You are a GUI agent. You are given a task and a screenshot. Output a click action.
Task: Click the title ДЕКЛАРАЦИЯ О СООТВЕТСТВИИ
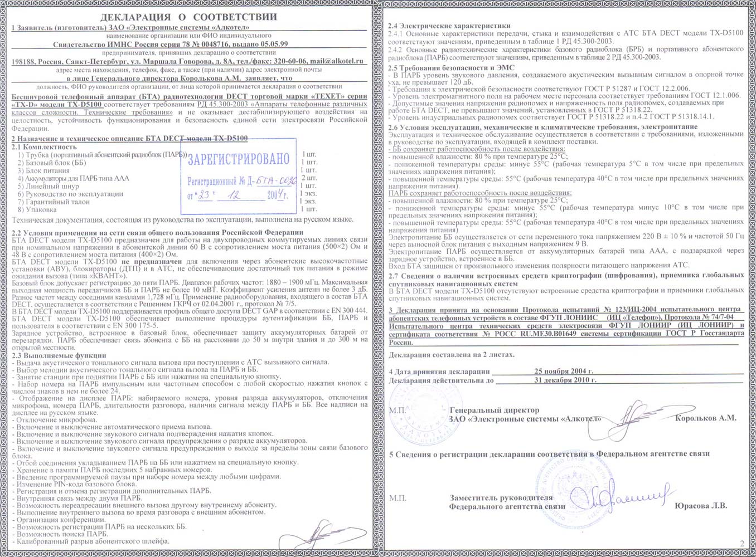pyautogui.click(x=189, y=17)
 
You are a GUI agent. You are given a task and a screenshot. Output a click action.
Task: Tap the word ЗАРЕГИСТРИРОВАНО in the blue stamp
pyautogui.click(x=239, y=159)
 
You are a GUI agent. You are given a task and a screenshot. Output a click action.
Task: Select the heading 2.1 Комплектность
pyautogui.click(x=44, y=147)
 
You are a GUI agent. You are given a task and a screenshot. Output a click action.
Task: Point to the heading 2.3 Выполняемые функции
pyautogui.click(x=59, y=355)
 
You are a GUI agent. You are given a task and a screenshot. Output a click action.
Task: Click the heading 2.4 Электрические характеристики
pyautogui.click(x=449, y=26)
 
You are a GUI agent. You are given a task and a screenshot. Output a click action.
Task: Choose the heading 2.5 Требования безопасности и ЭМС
pyautogui.click(x=451, y=67)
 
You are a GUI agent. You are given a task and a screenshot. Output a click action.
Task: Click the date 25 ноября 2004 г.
pyautogui.click(x=564, y=371)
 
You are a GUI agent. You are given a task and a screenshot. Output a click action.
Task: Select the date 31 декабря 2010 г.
pyautogui.click(x=565, y=380)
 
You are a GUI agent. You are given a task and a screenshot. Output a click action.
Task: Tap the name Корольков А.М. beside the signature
pyautogui.click(x=705, y=418)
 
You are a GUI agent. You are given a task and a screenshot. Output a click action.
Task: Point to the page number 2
pyautogui.click(x=742, y=544)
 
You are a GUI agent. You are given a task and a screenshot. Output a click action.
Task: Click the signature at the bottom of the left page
pyautogui.click(x=329, y=532)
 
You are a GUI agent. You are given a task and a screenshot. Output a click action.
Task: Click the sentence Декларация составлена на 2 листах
pyautogui.click(x=452, y=354)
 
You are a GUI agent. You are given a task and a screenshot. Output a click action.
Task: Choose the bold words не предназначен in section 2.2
pyautogui.click(x=152, y=261)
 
